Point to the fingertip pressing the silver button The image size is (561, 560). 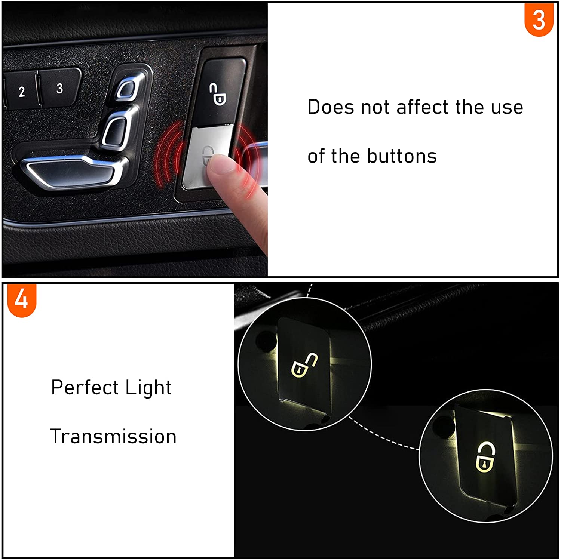coord(221,164)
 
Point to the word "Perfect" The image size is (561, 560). coord(85,388)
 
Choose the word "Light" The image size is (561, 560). coord(148,388)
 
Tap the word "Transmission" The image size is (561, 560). coord(113,437)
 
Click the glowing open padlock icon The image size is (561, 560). coord(304,365)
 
